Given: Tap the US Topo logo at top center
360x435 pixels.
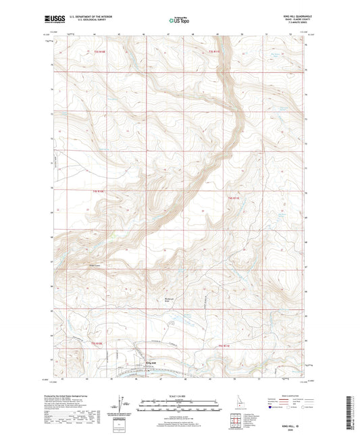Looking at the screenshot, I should click(x=178, y=22).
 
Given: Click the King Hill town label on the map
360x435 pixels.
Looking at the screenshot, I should click(x=151, y=362).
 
